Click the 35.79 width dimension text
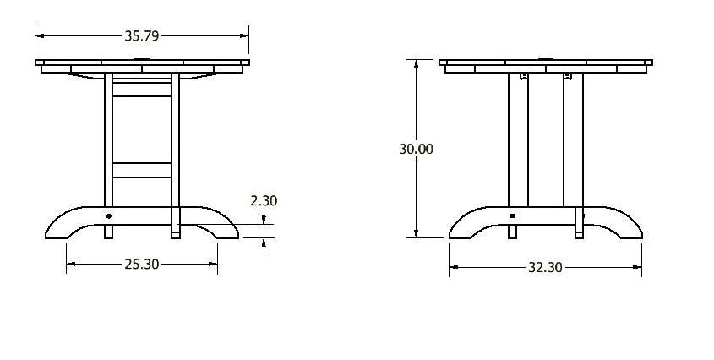coord(141,35)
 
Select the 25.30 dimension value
coord(141,265)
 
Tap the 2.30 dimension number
coord(264,201)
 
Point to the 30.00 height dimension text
coord(416,149)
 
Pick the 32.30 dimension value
coord(544,268)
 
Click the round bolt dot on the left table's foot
coord(108,216)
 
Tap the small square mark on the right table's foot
coord(512,216)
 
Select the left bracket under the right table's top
coord(524,77)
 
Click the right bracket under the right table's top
coord(567,77)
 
